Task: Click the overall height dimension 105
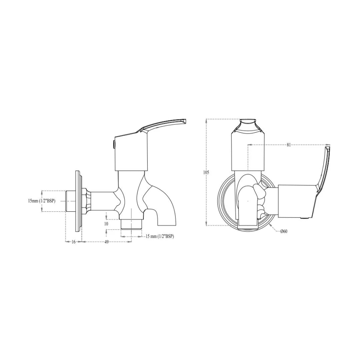click(x=206, y=172)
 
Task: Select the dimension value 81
click(x=289, y=145)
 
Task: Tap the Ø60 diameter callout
click(x=283, y=231)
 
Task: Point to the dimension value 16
click(x=73, y=242)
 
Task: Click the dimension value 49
click(x=106, y=242)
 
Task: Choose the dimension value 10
click(x=106, y=224)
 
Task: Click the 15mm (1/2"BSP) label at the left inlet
click(x=42, y=201)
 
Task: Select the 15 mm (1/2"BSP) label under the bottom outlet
click(x=159, y=236)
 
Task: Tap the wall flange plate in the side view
click(x=78, y=201)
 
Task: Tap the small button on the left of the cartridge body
click(x=114, y=144)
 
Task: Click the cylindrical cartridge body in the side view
click(x=131, y=153)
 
